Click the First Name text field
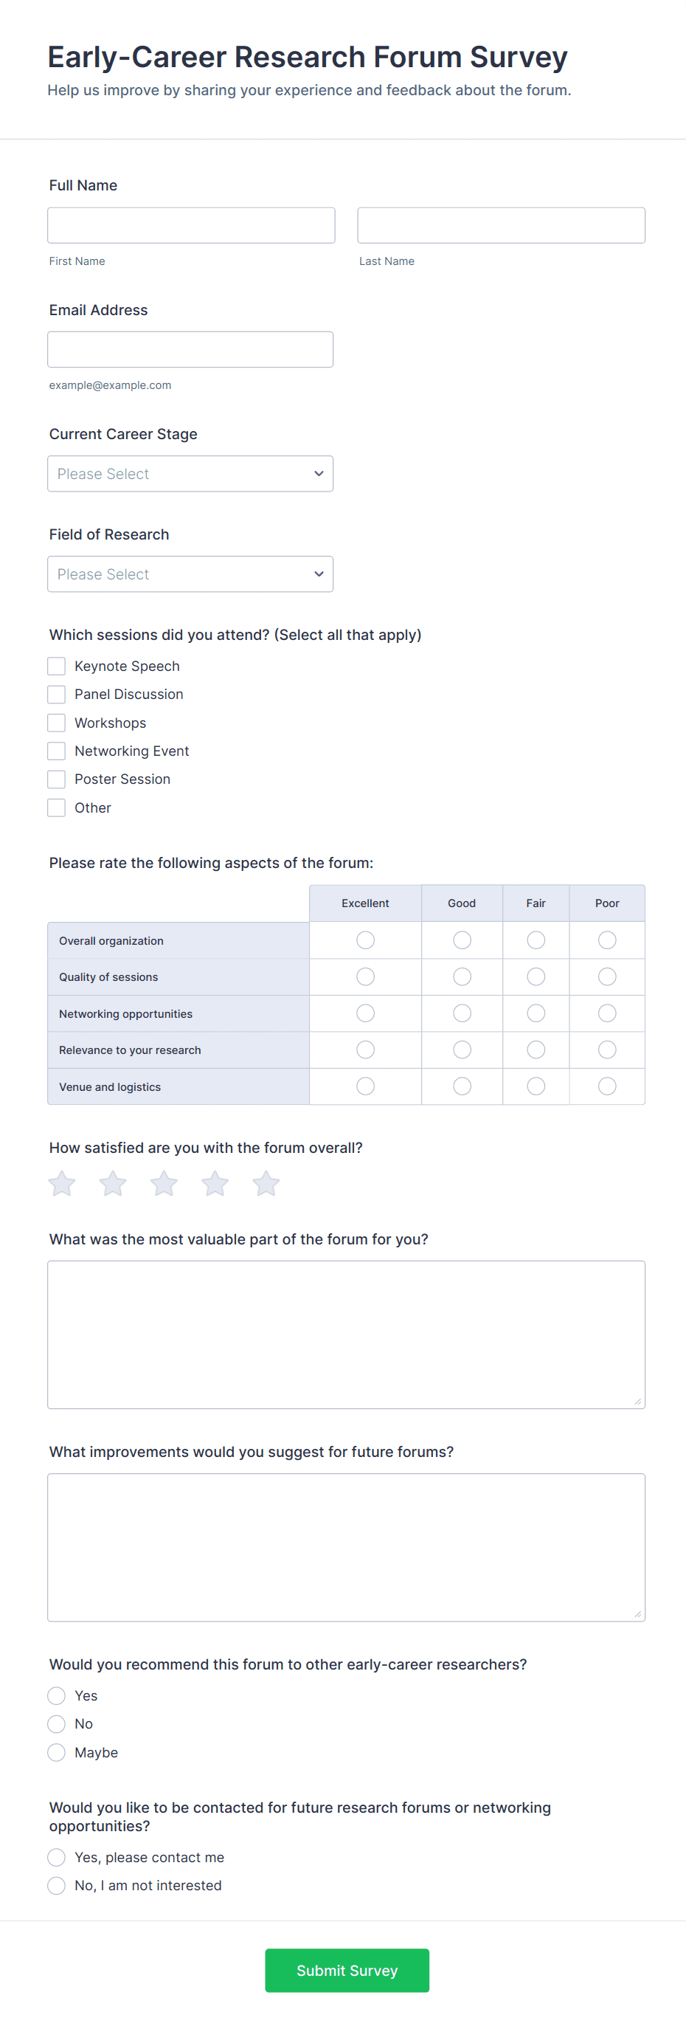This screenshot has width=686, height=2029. click(190, 225)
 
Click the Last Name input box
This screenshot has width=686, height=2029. click(501, 225)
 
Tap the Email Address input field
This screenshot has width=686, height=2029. click(190, 349)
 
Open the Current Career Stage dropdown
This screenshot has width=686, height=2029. click(190, 473)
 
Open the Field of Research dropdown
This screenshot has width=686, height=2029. click(190, 574)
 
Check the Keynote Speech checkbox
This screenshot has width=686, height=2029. click(57, 666)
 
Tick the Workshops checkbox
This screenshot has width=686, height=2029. click(57, 723)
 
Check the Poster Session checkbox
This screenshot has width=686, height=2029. click(57, 779)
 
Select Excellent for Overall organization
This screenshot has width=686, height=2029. click(365, 940)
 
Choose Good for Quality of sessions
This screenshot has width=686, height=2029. click(462, 976)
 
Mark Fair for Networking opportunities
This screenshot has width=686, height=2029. click(536, 1013)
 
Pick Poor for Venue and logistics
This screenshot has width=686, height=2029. click(607, 1086)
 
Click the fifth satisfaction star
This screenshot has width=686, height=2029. click(266, 1183)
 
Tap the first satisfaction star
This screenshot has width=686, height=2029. click(62, 1183)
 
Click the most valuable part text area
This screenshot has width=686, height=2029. click(346, 1334)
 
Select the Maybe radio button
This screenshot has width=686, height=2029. click(57, 1752)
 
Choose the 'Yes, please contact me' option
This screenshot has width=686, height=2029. click(57, 1857)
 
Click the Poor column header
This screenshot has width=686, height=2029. click(607, 903)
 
